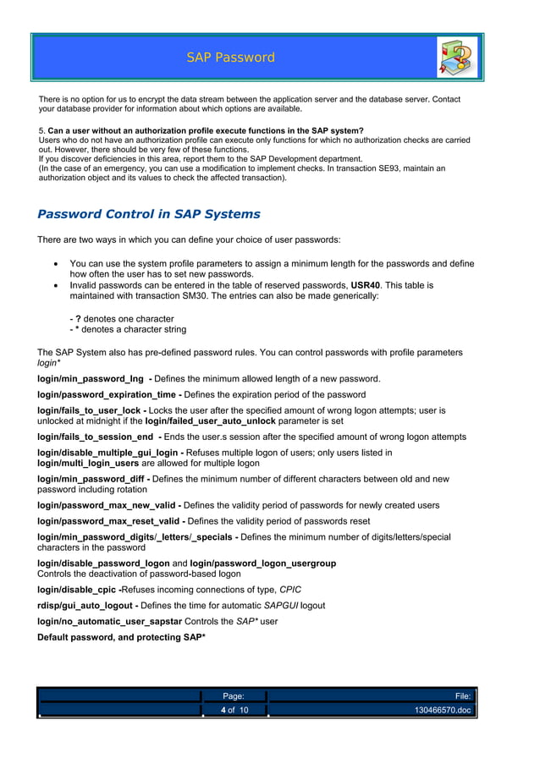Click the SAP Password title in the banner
click(231, 58)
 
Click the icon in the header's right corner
click(457, 58)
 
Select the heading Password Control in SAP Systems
click(149, 214)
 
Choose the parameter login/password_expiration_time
click(107, 395)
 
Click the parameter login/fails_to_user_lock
click(90, 410)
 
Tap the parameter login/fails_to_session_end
click(95, 437)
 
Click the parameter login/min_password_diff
click(92, 479)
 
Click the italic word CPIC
click(290, 590)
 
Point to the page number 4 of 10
click(234, 710)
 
